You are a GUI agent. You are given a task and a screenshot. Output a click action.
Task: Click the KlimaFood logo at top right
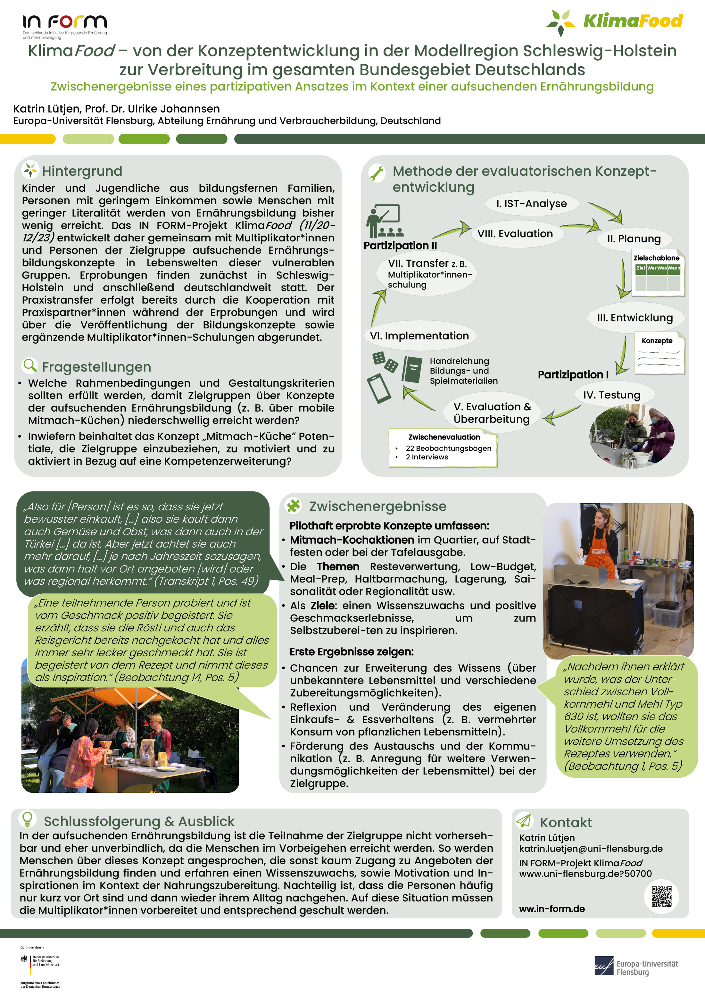(x=614, y=22)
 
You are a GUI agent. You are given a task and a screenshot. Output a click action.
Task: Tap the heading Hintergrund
(x=82, y=171)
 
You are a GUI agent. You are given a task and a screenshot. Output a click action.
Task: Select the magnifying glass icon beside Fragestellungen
(x=29, y=366)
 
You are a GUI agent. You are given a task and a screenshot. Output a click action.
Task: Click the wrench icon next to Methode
(x=377, y=173)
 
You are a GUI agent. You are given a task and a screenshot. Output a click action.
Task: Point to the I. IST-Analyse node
(x=531, y=204)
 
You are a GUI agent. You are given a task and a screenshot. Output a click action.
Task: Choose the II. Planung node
(x=634, y=239)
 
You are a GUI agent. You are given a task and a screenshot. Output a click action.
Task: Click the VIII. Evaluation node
(x=515, y=234)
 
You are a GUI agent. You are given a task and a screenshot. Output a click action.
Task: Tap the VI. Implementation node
(x=419, y=336)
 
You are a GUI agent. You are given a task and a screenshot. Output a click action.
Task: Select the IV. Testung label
(x=612, y=395)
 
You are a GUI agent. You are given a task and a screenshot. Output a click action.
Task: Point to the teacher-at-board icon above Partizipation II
(x=384, y=221)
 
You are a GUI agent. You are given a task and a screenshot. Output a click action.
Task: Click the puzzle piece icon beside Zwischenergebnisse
(x=294, y=506)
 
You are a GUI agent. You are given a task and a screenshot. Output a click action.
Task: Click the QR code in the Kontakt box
(x=662, y=897)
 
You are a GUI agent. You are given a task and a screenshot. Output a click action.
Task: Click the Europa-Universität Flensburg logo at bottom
(x=636, y=968)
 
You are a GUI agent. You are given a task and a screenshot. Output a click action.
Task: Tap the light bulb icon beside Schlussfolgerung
(x=27, y=819)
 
